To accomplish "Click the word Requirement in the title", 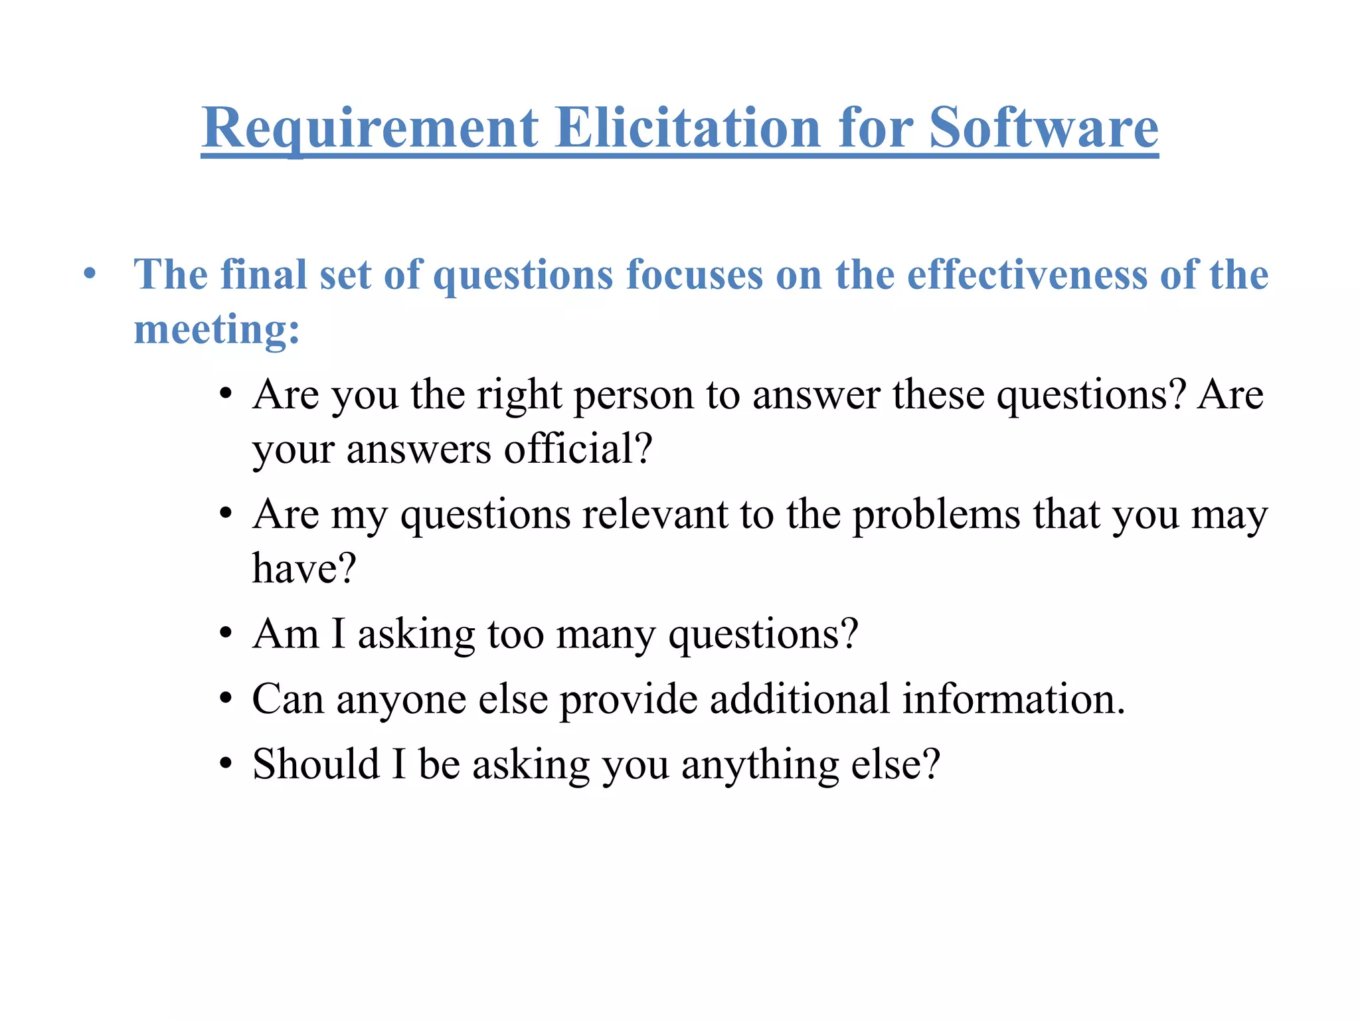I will pos(370,128).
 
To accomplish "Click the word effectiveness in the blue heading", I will pos(1027,274).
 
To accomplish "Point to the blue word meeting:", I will pos(216,329).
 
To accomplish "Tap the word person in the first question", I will pos(634,396).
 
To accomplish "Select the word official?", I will pos(578,449).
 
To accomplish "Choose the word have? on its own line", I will pos(304,569).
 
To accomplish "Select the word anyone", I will pos(401,700).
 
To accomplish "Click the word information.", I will pos(1013,699).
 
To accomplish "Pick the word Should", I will pos(316,764).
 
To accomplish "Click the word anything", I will pos(760,765).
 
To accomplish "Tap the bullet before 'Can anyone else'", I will pos(226,699).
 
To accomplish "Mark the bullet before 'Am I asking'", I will pos(226,634).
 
